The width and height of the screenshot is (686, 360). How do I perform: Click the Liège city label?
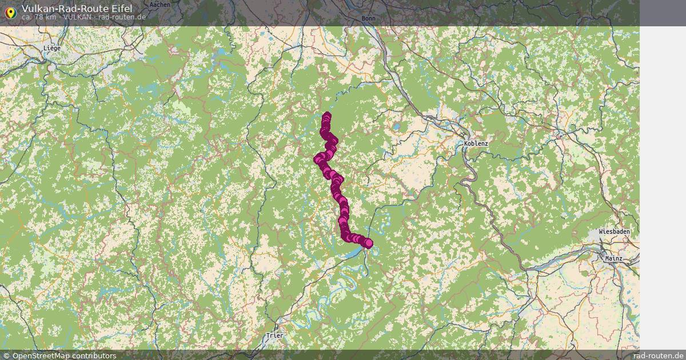[51, 49]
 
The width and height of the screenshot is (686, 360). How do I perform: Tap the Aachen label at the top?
[159, 5]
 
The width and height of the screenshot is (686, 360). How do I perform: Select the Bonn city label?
[369, 18]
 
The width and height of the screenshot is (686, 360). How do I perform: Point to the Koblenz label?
[476, 143]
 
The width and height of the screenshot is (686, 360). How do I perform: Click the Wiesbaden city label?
[615, 232]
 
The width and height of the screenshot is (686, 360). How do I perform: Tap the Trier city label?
[274, 335]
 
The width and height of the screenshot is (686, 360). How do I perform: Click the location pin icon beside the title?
[10, 12]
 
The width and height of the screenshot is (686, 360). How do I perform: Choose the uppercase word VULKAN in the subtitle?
[77, 17]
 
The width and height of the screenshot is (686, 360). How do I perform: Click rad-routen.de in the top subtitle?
[122, 17]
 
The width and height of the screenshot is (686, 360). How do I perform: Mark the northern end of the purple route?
[326, 115]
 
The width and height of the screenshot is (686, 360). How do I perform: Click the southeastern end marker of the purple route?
[368, 243]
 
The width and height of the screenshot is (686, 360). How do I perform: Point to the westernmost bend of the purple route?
[317, 159]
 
